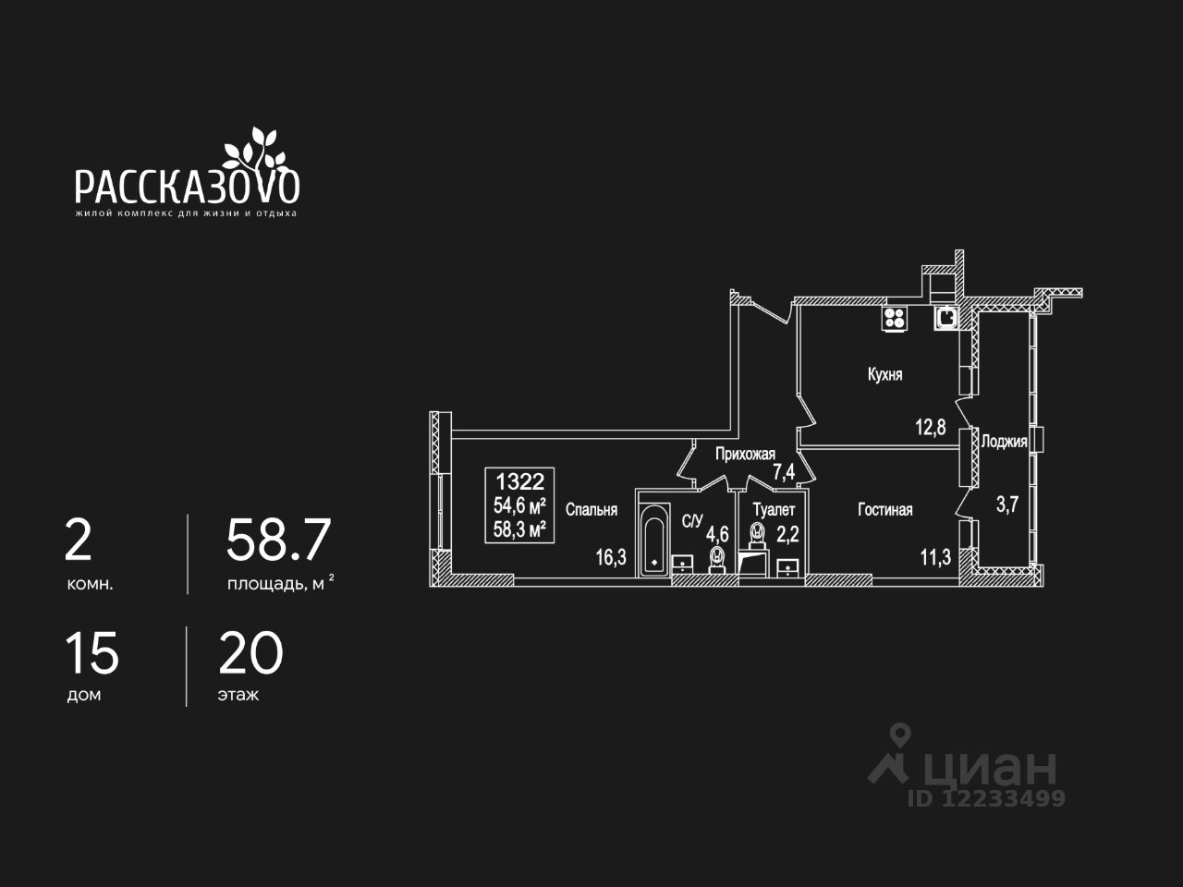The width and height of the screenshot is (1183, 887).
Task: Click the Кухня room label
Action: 884,375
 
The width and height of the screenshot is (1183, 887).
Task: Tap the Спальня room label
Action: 591,509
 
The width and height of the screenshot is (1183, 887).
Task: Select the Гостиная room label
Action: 884,510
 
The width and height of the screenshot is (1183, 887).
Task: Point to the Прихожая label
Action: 745,454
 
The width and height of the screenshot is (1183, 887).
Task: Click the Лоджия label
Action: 1004,442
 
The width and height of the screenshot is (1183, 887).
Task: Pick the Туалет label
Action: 774,509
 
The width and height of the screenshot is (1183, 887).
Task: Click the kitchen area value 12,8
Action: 931,427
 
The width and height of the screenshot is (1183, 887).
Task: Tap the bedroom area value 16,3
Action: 611,557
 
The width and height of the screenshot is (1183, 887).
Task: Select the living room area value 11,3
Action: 935,556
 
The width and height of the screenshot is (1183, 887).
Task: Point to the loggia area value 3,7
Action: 1006,504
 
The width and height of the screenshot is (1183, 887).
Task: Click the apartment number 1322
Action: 520,480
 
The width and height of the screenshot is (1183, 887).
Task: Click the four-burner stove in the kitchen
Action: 895,319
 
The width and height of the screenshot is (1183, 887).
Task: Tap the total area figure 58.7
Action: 278,541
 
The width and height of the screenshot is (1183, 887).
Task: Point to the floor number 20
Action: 250,654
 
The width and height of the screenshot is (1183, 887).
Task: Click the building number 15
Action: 91,654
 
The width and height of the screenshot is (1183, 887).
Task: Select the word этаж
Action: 238,695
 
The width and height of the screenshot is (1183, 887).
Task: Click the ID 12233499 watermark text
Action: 987,798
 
